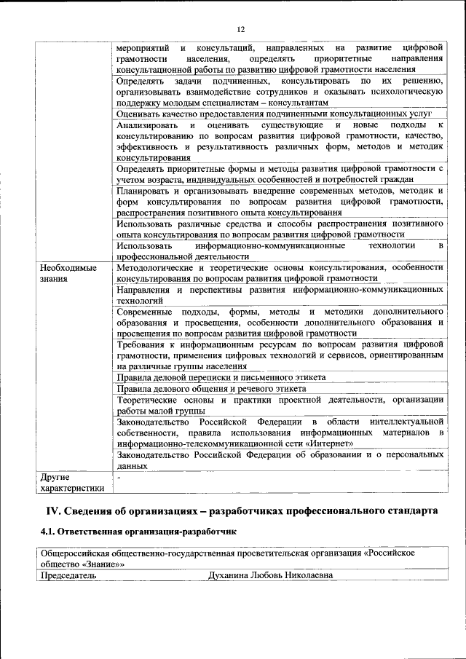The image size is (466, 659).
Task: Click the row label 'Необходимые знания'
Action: [x=69, y=273]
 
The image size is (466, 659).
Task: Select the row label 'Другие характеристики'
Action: [x=72, y=483]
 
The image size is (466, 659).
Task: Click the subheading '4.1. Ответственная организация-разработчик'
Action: [x=139, y=532]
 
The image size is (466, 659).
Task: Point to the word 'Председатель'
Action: [x=69, y=575]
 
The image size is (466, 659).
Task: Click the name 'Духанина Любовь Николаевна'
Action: [x=271, y=575]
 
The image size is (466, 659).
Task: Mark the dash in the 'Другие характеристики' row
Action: [x=119, y=477]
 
